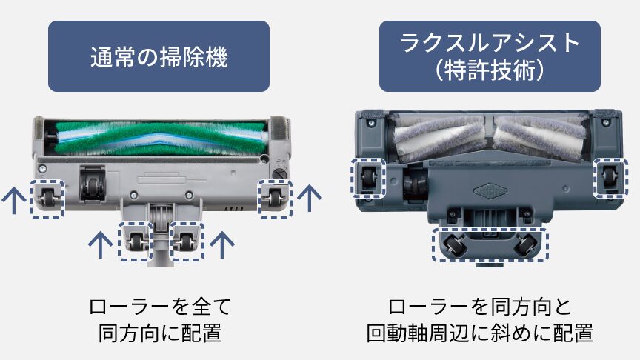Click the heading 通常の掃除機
click(x=159, y=57)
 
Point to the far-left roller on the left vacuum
click(x=47, y=197)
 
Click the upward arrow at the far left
click(x=12, y=199)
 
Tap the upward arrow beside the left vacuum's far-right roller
click(x=310, y=198)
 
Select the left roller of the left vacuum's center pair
click(x=137, y=240)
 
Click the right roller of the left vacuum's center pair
click(x=186, y=240)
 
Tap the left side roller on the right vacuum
click(x=367, y=178)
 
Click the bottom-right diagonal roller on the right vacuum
click(x=525, y=244)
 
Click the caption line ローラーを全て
click(x=160, y=306)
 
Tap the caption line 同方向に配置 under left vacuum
click(x=160, y=333)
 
